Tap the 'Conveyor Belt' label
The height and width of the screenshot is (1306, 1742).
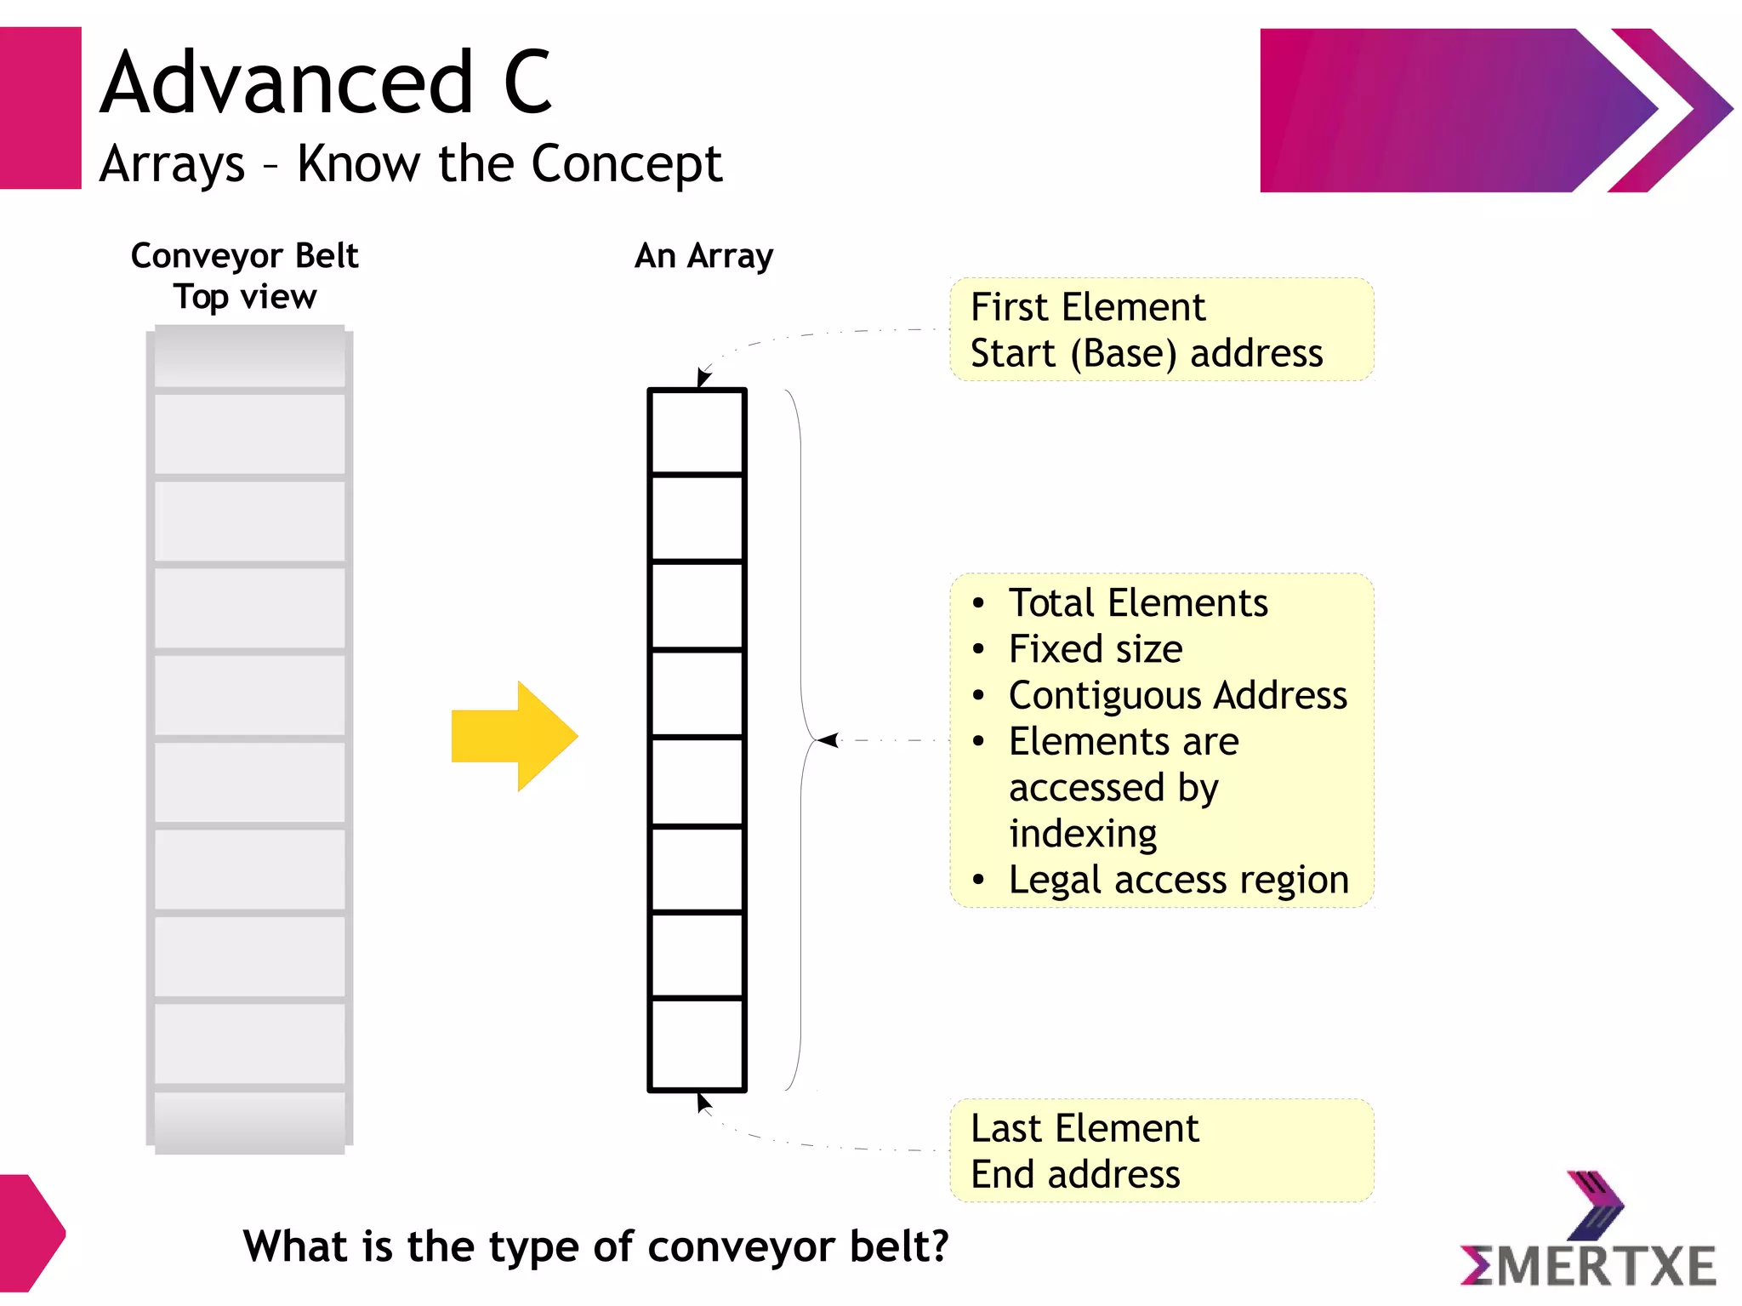click(244, 255)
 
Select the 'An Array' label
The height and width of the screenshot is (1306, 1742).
click(704, 255)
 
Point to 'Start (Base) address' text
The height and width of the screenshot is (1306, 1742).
click(1146, 353)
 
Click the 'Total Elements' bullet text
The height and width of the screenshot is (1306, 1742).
click(1138, 603)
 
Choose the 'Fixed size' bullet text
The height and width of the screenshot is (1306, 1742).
click(1096, 649)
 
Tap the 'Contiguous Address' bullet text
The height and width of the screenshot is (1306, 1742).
click(1178, 695)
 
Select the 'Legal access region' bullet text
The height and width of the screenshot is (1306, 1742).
click(1179, 880)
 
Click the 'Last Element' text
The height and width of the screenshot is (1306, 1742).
click(1084, 1128)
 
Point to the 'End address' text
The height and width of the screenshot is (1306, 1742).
click(1075, 1175)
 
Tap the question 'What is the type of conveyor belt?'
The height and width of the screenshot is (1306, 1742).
click(595, 1246)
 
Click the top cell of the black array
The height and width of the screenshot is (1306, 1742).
click(697, 431)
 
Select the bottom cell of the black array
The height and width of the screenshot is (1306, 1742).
click(697, 1044)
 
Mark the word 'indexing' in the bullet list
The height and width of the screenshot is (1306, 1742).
click(1083, 834)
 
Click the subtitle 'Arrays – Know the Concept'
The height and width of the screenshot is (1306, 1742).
click(410, 163)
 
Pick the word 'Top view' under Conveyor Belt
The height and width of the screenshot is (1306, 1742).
click(245, 297)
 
